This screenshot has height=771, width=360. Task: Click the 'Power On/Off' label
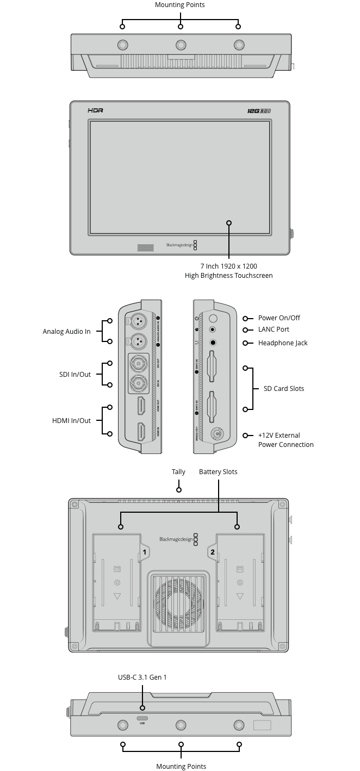click(x=279, y=318)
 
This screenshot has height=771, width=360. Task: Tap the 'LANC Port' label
click(x=274, y=329)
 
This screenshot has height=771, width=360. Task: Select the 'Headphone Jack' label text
click(x=283, y=343)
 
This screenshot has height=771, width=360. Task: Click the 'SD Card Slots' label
click(x=284, y=389)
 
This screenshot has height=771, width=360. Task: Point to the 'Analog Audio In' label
click(x=67, y=332)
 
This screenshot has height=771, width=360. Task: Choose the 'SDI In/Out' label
click(x=75, y=375)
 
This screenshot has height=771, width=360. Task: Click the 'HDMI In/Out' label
click(x=72, y=421)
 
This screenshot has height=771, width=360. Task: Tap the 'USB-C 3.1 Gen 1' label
click(x=142, y=677)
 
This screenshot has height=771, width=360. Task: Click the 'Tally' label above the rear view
click(x=178, y=472)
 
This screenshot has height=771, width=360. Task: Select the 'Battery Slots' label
click(x=218, y=472)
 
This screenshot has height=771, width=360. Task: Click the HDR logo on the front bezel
click(x=95, y=110)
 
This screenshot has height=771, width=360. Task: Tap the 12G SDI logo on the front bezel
click(x=259, y=110)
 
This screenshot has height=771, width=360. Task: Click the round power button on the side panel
click(x=214, y=318)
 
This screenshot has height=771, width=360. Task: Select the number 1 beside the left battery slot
click(x=144, y=552)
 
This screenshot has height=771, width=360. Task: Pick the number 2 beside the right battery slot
click(x=212, y=552)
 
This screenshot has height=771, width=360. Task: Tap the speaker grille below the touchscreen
click(x=145, y=247)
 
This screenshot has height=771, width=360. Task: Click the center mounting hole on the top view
click(x=181, y=45)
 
